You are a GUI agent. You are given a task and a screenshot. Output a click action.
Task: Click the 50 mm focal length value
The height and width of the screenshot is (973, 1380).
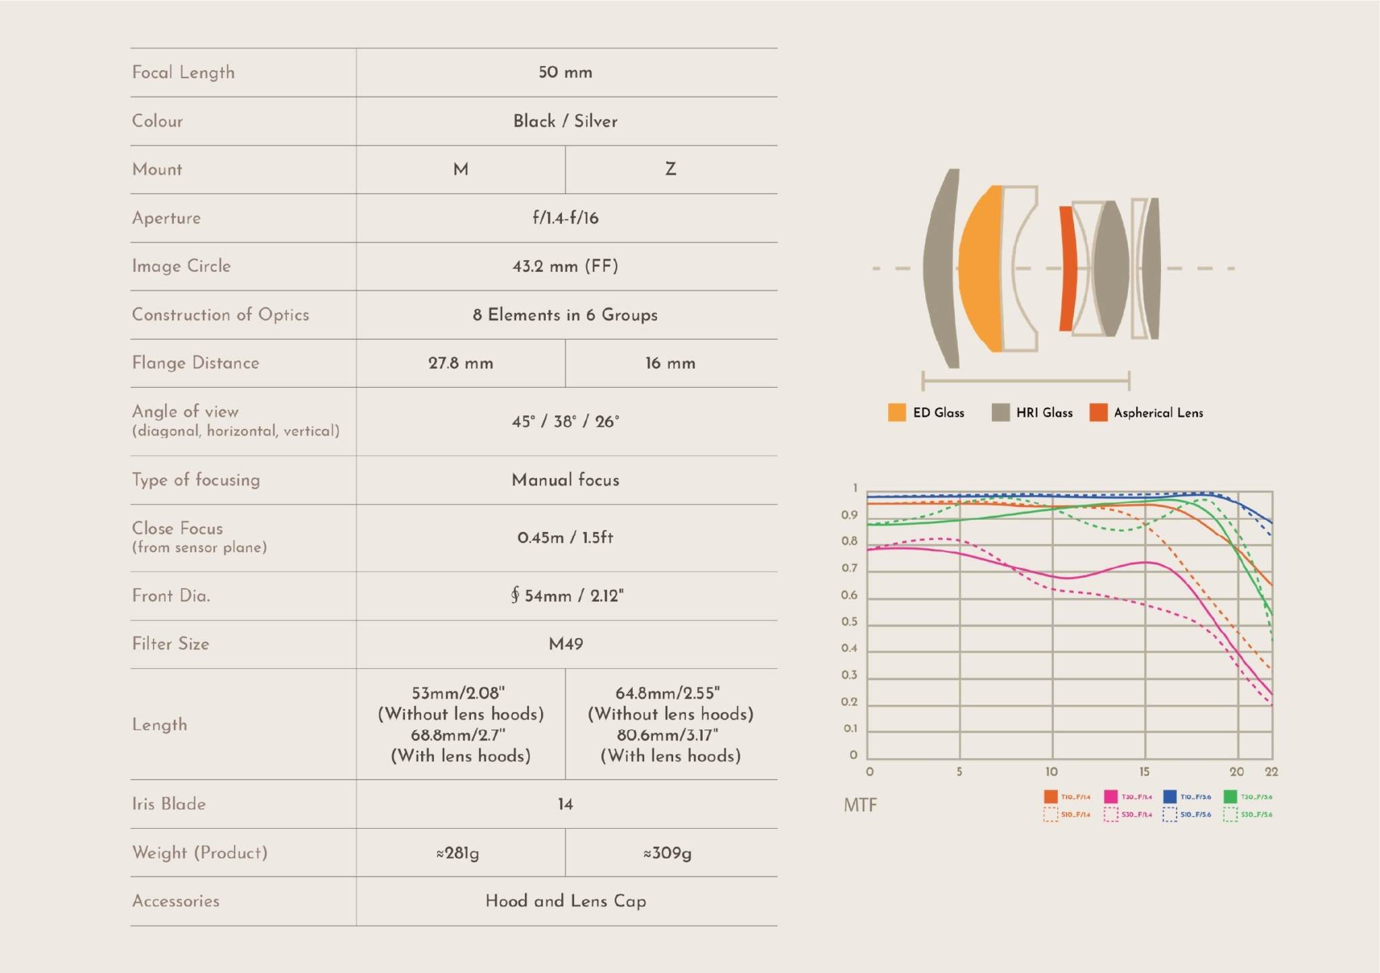tap(565, 72)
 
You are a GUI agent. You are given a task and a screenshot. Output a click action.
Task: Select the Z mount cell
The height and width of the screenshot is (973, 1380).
tap(670, 169)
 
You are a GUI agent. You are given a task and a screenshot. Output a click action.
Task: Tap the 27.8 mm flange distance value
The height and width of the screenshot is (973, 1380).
tap(461, 363)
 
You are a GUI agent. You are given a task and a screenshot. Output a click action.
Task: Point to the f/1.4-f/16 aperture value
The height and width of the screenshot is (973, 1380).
tap(565, 218)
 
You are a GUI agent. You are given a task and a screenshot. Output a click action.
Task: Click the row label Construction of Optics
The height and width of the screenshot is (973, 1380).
tap(220, 315)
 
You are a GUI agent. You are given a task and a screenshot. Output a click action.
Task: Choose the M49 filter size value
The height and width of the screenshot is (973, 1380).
tap(566, 644)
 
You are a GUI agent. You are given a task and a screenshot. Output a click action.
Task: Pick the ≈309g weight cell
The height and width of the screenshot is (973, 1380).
tap(667, 853)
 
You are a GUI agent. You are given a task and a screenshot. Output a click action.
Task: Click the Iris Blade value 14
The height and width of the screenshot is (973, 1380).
tap(565, 804)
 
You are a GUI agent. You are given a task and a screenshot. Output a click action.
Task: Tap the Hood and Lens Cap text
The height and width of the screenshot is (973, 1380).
tap(566, 901)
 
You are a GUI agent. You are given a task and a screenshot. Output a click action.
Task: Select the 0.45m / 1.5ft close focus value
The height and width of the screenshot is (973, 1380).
tap(565, 537)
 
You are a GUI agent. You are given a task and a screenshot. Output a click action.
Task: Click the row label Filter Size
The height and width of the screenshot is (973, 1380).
tap(170, 644)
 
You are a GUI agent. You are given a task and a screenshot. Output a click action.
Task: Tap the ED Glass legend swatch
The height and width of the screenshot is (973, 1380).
tap(897, 413)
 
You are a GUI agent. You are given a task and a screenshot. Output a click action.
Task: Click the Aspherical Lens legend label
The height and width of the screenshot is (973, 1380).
tap(1158, 413)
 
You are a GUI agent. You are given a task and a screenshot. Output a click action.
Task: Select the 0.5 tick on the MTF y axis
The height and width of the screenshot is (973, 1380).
tap(850, 622)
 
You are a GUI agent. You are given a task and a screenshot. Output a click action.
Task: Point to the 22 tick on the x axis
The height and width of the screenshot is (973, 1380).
tap(1272, 771)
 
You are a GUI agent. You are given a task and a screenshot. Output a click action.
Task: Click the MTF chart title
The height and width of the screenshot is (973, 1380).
tap(860, 805)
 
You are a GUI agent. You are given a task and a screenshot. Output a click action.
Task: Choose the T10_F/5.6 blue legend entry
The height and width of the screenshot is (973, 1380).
tap(1187, 797)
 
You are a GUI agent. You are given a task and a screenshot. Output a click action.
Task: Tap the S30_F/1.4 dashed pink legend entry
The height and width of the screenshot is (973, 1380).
tap(1129, 815)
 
